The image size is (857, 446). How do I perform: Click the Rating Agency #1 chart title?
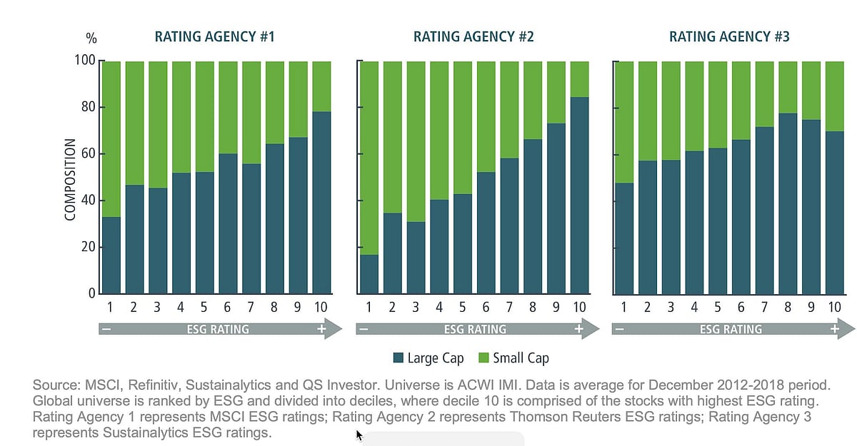[216, 37]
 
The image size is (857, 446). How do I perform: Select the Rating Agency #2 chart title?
[473, 37]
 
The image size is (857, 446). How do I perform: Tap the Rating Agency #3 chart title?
[729, 37]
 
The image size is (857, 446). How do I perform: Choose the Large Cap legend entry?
[428, 358]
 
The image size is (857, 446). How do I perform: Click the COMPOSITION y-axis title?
[70, 178]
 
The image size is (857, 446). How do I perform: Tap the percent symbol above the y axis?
[91, 38]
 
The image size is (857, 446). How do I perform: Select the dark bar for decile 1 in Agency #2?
[369, 274]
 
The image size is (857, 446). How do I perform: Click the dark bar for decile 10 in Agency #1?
[321, 203]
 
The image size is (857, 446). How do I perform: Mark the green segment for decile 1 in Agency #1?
[111, 139]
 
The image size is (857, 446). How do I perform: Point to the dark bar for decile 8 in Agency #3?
[788, 203]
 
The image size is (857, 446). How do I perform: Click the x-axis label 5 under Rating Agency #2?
[461, 308]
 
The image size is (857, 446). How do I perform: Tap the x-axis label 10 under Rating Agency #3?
[834, 308]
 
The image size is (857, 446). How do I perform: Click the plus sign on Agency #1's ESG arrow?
[321, 330]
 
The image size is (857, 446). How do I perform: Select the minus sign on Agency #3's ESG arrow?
[619, 330]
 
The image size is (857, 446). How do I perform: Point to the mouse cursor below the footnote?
[360, 435]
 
